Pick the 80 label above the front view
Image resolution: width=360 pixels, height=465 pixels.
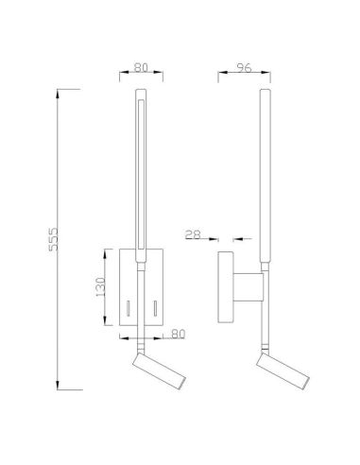coord(142,67)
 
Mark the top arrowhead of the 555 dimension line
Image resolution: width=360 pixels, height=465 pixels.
coord(60,90)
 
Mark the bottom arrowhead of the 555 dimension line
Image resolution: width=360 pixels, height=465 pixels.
coord(60,387)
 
